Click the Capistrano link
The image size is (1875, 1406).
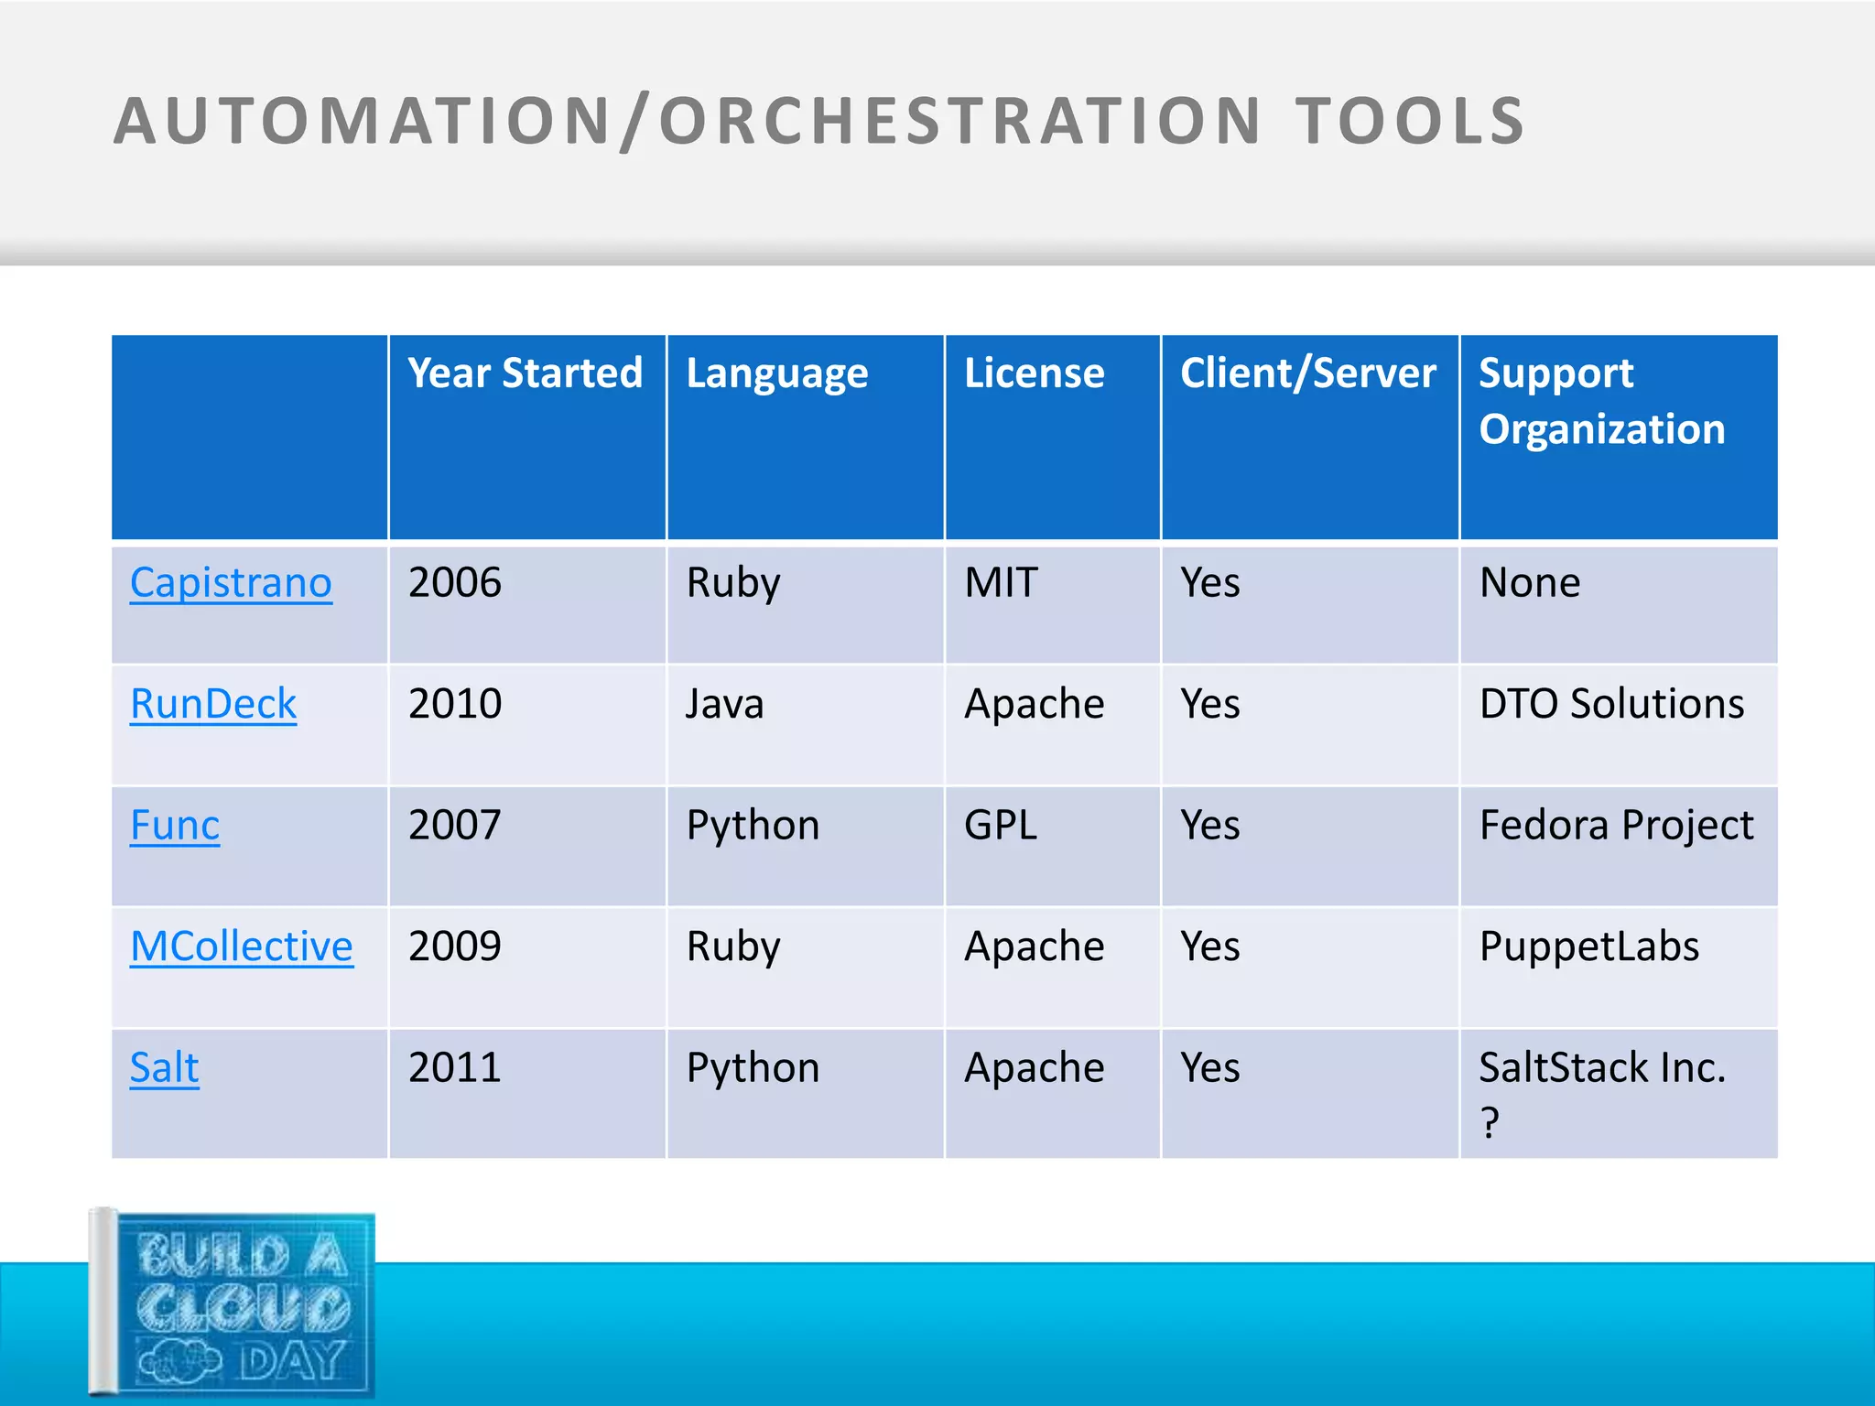point(231,583)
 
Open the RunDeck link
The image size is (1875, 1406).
point(213,704)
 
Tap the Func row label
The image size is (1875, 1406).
point(175,826)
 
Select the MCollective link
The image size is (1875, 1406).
point(242,946)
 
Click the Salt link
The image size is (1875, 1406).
point(165,1067)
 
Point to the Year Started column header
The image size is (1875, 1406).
point(526,373)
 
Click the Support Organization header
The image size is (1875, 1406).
point(1601,401)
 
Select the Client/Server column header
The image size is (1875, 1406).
point(1307,373)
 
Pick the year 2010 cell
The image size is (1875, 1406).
point(455,704)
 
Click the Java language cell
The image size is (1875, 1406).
point(725,704)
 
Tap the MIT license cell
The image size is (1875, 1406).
point(1001,583)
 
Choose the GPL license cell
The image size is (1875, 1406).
point(1001,826)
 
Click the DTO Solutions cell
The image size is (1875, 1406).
point(1611,704)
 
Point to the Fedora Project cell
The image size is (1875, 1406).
point(1616,826)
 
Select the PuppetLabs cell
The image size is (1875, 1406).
point(1589,946)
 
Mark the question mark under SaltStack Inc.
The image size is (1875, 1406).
point(1490,1123)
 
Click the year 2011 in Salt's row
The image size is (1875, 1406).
point(455,1067)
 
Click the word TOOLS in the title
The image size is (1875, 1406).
point(1410,121)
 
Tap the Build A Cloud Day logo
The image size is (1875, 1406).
point(233,1303)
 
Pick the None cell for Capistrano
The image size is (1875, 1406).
point(1530,583)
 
